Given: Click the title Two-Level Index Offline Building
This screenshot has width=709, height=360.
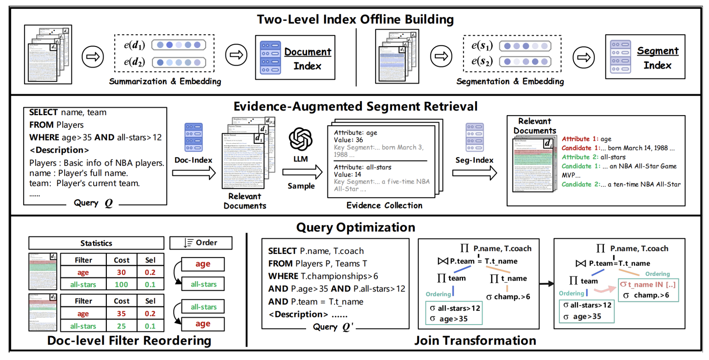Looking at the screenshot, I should [x=355, y=19].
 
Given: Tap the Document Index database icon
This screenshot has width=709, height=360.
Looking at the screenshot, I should [x=270, y=57].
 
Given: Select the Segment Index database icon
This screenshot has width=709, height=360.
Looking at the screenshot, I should [x=620, y=57].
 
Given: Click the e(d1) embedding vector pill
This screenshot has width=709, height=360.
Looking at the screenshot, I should [x=179, y=45].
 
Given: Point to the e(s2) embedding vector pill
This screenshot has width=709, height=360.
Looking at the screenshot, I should [x=525, y=62].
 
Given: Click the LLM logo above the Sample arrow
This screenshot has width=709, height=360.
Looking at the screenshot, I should [x=301, y=139].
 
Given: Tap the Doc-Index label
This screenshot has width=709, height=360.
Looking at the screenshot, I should [x=193, y=160].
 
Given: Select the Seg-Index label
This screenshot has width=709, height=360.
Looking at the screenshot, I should [x=474, y=160].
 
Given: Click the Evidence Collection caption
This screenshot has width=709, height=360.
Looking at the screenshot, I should [x=384, y=205].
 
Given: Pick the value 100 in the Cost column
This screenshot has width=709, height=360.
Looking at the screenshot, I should [x=121, y=285].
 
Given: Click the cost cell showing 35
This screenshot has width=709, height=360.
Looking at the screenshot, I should [x=121, y=314].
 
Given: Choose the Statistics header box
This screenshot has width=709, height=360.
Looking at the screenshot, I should [x=96, y=243].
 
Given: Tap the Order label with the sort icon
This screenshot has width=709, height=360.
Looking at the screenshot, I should [x=201, y=243].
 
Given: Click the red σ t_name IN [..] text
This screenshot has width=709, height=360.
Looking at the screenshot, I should [x=648, y=285].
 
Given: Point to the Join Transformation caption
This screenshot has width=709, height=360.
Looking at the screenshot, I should [x=475, y=340].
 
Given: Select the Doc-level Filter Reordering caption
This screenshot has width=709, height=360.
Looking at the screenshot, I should [x=129, y=340].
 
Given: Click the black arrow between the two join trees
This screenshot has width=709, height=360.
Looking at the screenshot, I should [x=546, y=284].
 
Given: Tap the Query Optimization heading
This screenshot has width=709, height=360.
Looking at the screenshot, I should [x=355, y=227].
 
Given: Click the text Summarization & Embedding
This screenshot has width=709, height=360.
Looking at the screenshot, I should [x=165, y=81].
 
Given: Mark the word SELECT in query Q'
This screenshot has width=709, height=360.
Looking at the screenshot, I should [x=282, y=251].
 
